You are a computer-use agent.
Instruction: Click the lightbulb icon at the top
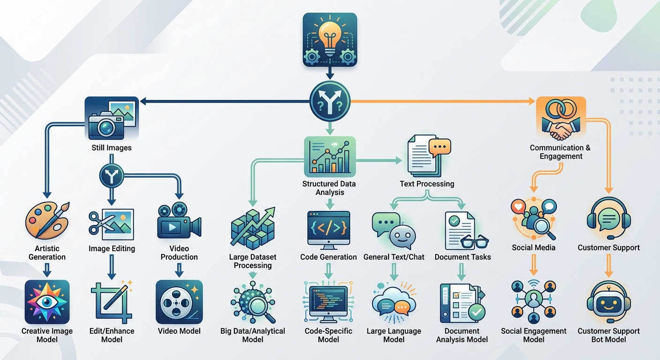(330, 39)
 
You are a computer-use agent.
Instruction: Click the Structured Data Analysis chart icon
(330, 157)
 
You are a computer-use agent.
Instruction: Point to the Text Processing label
(427, 184)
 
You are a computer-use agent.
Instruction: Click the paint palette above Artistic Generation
(47, 220)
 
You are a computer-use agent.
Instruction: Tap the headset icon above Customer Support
(609, 218)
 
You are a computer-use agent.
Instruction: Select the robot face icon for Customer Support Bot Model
(609, 302)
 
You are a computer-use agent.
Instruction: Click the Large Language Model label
(394, 335)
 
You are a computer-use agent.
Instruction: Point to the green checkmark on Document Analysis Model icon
(477, 312)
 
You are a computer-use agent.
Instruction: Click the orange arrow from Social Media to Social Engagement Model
(533, 265)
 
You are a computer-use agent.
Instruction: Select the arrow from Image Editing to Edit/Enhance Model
(112, 267)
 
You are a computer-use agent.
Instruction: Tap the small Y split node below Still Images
(112, 176)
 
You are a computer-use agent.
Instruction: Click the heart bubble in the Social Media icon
(518, 206)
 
